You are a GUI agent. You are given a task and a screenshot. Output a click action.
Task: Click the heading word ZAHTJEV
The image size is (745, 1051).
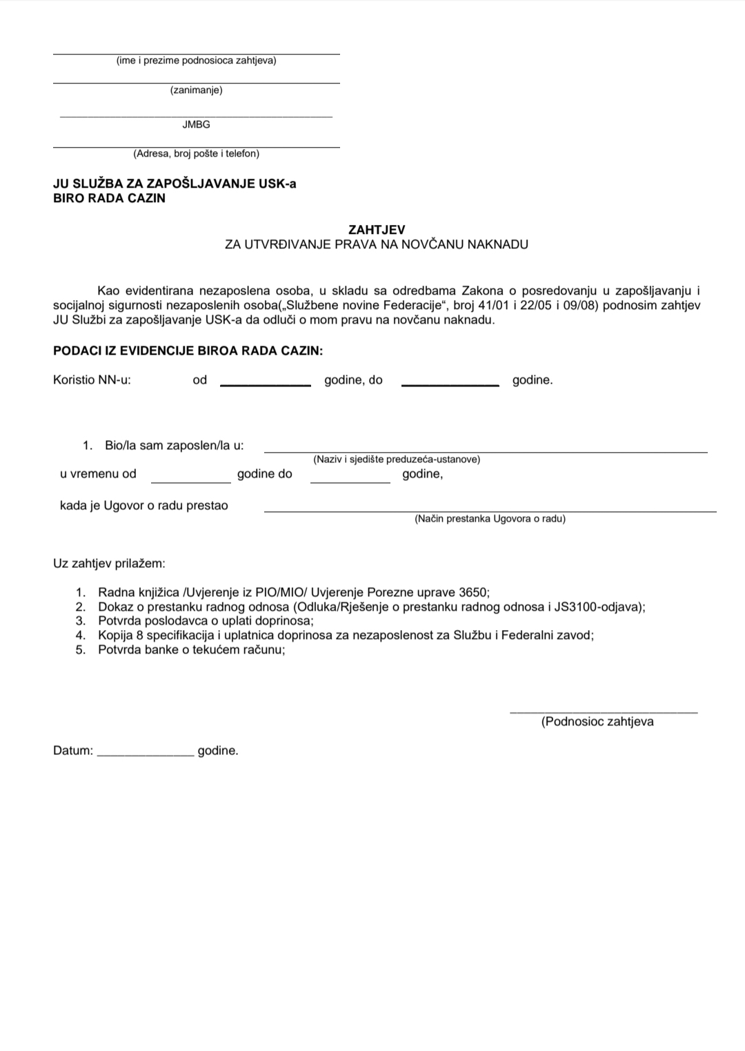(x=377, y=230)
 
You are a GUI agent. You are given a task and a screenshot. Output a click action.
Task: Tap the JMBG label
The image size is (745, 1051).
(x=196, y=125)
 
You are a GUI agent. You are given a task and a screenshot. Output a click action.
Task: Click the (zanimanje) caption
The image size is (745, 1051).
(x=196, y=90)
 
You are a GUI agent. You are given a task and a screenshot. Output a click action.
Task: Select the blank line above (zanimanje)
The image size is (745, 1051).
(x=196, y=83)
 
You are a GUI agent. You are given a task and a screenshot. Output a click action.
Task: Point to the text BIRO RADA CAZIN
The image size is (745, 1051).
(x=109, y=198)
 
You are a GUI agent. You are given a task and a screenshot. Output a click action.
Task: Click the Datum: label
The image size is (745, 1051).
(x=72, y=751)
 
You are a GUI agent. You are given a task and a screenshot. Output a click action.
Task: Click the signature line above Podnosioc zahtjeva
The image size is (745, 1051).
(x=603, y=712)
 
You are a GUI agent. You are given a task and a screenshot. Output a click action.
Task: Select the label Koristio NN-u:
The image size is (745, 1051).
(x=92, y=380)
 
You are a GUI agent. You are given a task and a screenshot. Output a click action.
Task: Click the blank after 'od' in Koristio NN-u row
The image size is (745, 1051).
(x=265, y=384)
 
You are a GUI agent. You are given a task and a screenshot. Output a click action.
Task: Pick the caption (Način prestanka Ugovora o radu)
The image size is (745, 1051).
(x=490, y=519)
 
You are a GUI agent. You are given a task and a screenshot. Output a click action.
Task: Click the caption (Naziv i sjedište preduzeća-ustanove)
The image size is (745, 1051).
(x=397, y=459)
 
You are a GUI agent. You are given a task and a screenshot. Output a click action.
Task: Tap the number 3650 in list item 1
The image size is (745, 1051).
(x=473, y=592)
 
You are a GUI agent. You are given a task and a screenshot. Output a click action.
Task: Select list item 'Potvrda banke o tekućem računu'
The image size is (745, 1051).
(x=191, y=649)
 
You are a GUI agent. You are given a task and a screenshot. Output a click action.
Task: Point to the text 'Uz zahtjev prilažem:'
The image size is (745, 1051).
(x=109, y=563)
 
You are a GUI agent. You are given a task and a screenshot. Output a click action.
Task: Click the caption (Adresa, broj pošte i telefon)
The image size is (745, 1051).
(x=196, y=154)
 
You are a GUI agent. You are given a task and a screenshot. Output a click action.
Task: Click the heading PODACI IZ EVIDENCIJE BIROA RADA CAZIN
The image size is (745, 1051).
(x=188, y=351)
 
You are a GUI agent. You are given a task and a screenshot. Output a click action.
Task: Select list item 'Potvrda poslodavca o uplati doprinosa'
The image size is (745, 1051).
(x=206, y=620)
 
